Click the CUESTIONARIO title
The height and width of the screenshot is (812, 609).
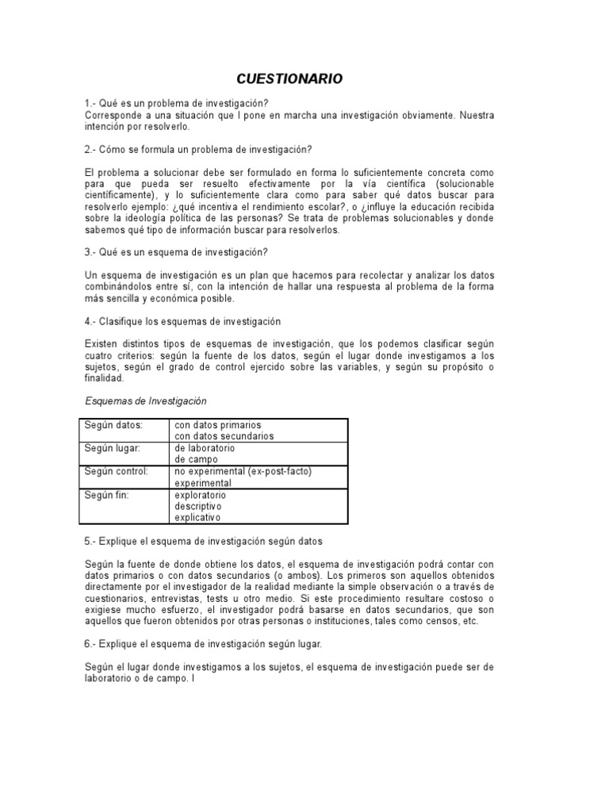[290, 79]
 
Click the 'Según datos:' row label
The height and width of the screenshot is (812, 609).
[113, 425]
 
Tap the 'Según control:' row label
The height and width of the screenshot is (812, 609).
[117, 471]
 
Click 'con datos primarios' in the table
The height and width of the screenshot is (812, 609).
[218, 425]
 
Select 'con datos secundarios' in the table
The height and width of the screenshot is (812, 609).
[224, 436]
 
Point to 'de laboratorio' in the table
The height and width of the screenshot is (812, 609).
[205, 448]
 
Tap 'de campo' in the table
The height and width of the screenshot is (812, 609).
[196, 459]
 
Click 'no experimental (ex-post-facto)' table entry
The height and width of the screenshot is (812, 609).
[243, 471]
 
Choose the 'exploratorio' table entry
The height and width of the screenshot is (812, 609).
[200, 495]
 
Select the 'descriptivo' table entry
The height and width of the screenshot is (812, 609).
[198, 506]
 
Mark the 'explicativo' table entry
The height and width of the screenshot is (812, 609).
[198, 518]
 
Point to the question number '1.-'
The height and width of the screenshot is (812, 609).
[91, 104]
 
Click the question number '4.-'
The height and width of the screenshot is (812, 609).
[91, 321]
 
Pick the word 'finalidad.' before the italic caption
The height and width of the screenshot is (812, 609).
[105, 378]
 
